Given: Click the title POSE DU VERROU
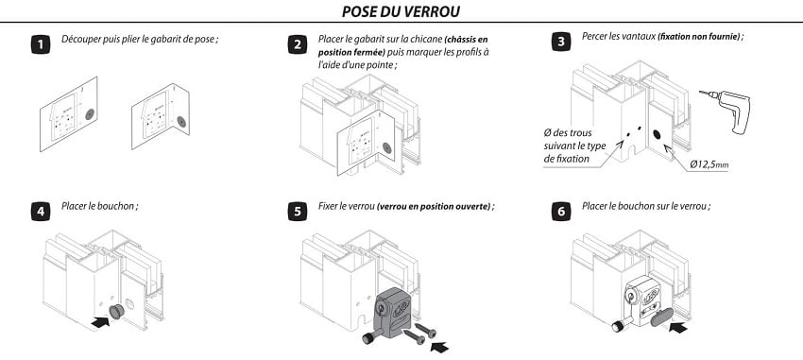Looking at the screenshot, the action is tap(401, 11).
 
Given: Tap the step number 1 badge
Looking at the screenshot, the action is tap(41, 44).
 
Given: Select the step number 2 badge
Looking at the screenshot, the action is tap(297, 44).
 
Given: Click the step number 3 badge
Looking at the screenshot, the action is tap(561, 42).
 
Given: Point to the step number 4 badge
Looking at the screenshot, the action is tap(41, 212).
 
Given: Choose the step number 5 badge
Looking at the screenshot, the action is tap(297, 212).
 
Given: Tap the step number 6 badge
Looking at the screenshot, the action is tap(561, 212).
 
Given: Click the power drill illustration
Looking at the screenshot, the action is tap(726, 111).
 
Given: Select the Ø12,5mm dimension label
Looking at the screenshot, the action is tap(709, 164).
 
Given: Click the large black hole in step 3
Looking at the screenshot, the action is tap(657, 135).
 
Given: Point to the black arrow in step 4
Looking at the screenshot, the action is tap(101, 321).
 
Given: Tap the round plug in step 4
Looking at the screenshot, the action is tap(117, 311).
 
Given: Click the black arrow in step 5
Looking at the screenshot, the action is tap(439, 347).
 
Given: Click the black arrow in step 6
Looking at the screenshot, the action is tap(678, 326).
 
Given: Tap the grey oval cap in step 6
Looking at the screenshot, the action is tap(660, 317).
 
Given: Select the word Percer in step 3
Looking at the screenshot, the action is tap(594, 36).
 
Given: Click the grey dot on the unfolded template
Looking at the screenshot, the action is tap(90, 114).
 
